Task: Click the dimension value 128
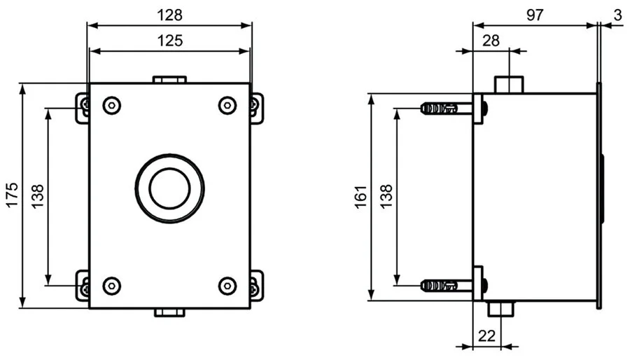click(169, 13)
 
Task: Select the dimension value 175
click(12, 196)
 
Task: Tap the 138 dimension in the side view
click(386, 198)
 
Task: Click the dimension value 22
click(488, 335)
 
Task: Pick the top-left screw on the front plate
click(111, 106)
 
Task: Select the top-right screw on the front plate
click(227, 106)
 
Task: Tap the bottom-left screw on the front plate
click(111, 285)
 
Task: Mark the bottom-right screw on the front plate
click(227, 285)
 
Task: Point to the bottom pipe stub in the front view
click(169, 312)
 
